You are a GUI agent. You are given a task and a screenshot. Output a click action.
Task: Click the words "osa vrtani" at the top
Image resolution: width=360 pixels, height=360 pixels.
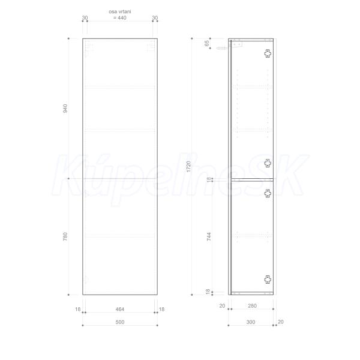(x=120, y=11)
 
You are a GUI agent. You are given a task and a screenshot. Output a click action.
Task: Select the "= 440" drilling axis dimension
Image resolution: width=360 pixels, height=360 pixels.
(x=120, y=17)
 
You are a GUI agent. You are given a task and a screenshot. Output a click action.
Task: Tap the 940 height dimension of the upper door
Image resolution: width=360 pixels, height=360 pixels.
(x=65, y=109)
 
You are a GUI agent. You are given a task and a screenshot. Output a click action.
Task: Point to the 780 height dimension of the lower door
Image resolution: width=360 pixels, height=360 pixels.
(x=65, y=236)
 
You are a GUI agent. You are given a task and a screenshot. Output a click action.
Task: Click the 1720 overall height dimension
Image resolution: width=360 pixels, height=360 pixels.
(x=188, y=166)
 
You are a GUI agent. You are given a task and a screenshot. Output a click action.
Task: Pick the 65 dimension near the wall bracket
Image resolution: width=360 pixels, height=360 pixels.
(x=207, y=43)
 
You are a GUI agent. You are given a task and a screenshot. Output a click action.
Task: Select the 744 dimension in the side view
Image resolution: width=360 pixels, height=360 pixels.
(x=209, y=236)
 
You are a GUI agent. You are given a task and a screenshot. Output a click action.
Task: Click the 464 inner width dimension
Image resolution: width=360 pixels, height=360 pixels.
(x=120, y=309)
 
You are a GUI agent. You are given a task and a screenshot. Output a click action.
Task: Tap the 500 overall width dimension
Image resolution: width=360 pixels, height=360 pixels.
(x=120, y=322)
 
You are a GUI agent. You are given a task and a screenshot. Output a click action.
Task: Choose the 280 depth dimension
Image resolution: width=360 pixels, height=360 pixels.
(x=252, y=306)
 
